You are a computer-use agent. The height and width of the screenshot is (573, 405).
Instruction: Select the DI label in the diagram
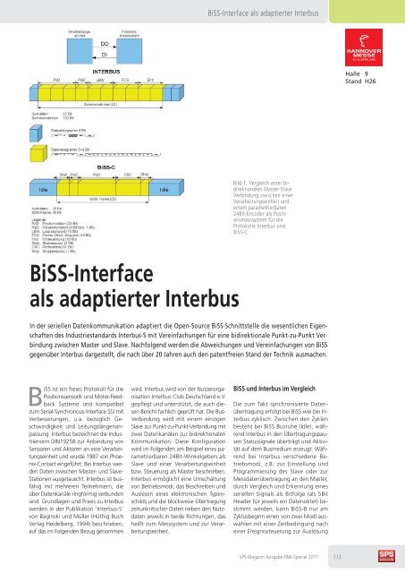[x=104, y=55]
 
